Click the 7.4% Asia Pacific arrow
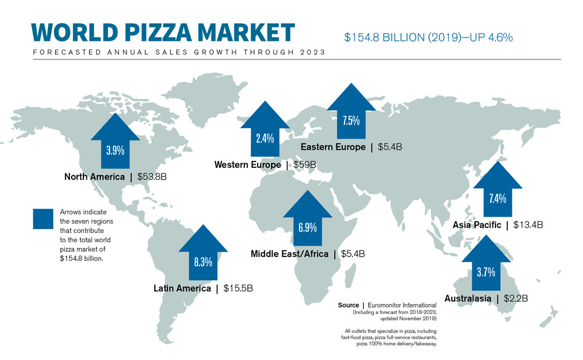coord(497,192)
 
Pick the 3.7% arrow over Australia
coord(486,265)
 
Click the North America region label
coord(94,177)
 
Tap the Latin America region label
coord(182,288)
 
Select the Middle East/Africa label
coord(289,253)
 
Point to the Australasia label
coord(467,299)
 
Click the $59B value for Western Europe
coord(304,165)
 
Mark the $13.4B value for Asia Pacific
coord(528,225)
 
